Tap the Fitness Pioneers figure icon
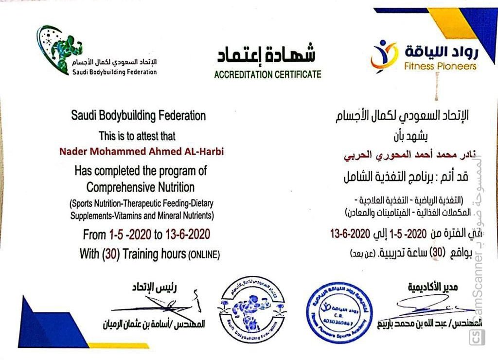point(384,56)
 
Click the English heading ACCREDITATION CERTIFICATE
point(267,74)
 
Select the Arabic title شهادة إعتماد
point(266,55)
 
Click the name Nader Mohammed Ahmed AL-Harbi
point(142,150)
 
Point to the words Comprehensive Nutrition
point(141,187)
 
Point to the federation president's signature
point(156,306)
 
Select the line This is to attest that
point(138,136)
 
